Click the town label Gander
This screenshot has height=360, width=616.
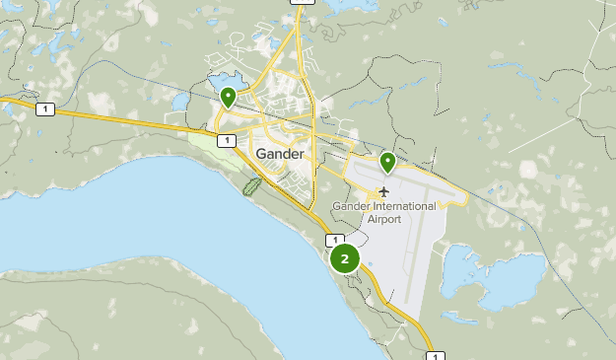(279, 155)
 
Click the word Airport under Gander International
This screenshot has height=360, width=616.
(384, 218)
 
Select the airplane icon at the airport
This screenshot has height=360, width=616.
(383, 190)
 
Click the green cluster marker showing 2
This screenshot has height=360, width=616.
(344, 259)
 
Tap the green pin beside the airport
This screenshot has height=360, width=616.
(388, 162)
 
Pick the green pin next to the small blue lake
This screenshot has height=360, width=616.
(228, 97)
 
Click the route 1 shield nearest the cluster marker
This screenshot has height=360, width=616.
(335, 240)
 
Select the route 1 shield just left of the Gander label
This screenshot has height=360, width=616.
(228, 141)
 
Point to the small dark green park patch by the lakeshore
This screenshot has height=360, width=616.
(251, 184)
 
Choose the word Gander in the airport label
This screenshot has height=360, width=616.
(353, 205)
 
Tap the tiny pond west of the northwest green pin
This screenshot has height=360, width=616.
(178, 100)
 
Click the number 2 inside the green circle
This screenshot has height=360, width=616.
(344, 259)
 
